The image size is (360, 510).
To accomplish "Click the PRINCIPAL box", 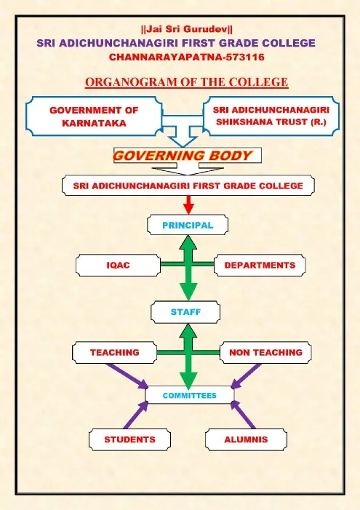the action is pos(188,225).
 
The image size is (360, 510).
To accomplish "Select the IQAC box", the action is pos(118,265).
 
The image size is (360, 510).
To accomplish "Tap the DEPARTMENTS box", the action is pos(260,265).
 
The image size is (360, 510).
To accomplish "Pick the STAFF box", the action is pos(185,312).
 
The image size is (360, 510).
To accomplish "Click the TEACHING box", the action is pos(114,352).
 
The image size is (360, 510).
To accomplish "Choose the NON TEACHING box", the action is pos(265,352).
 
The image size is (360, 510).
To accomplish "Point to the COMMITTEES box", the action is pos(190,395).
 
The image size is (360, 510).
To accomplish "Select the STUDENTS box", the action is pos(129,439).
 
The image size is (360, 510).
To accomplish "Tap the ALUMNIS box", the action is pos(246,439).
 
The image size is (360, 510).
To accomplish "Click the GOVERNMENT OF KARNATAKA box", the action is pos(94,116).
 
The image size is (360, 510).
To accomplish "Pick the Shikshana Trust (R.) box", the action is pos(271,116).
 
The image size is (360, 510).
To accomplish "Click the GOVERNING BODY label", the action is pos(183,156).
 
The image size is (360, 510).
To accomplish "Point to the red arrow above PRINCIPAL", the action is pos(188,204).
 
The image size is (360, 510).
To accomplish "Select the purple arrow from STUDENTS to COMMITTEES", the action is pos(136,415).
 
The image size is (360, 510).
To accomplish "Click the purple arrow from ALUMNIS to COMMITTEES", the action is pos(243,415).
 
